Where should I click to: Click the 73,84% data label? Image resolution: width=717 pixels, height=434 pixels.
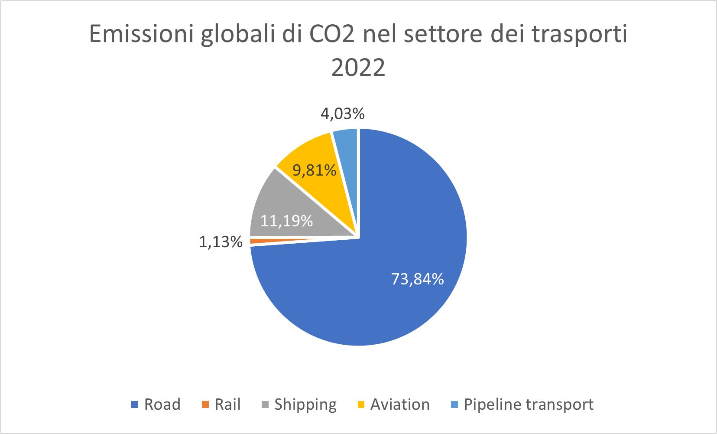point(417,279)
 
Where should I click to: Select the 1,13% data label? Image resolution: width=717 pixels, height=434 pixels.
point(221,242)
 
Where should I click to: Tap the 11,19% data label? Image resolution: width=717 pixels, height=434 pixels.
point(286,221)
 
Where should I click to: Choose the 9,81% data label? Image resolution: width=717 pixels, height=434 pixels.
point(314,170)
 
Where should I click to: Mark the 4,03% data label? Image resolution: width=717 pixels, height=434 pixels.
point(342,114)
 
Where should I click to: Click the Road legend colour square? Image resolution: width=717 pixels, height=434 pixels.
point(135,405)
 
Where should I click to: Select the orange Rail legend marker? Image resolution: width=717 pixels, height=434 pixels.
point(205,405)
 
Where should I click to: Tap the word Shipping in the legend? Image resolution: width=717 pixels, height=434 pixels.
point(305,405)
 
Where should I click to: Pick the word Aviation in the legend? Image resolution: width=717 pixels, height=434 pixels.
point(400,405)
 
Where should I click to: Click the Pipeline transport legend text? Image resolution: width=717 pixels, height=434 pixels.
point(529,405)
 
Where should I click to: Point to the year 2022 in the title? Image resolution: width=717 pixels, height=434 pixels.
point(358,68)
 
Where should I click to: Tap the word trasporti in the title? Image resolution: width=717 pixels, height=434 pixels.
point(580,34)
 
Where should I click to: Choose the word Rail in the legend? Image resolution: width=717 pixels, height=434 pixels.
point(227,405)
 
